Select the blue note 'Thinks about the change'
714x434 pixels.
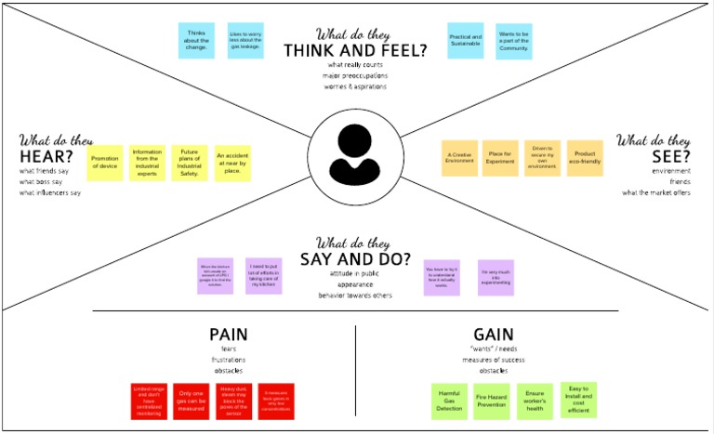coord(196,41)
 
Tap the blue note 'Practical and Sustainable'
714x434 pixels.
coord(465,41)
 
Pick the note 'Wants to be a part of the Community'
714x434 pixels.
coord(514,41)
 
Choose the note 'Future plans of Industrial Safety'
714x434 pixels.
coord(189,162)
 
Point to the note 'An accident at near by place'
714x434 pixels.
coord(232,162)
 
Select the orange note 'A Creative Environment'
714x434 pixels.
coord(459,158)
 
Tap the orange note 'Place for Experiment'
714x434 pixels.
coord(500,158)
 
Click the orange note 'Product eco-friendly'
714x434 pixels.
coord(584,158)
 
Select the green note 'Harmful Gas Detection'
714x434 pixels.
coord(450,400)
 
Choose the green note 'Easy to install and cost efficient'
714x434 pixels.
coord(578,400)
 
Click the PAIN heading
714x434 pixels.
coord(228,334)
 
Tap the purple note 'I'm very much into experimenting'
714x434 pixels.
coord(496,277)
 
